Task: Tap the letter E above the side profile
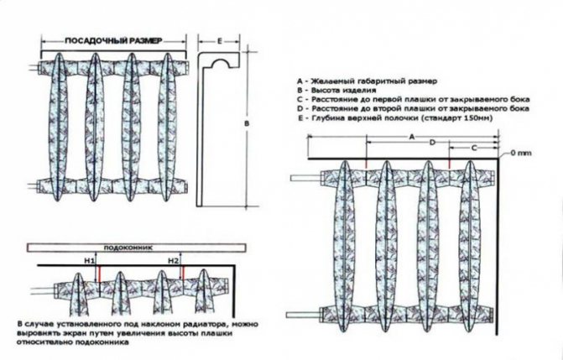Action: click(217, 39)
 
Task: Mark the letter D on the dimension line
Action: click(431, 144)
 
